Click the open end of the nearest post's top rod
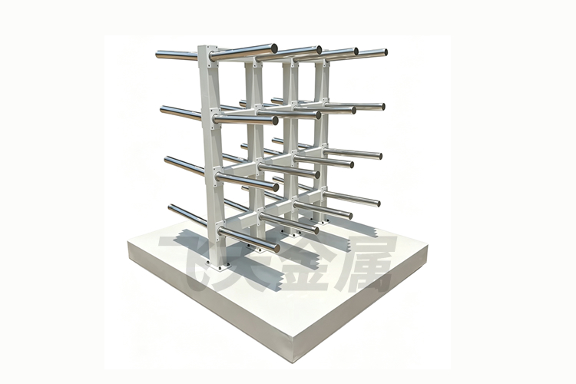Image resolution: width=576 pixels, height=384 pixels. click(274, 48)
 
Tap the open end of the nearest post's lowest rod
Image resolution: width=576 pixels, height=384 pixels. click(276, 248)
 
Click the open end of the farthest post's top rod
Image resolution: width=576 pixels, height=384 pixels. click(385, 51)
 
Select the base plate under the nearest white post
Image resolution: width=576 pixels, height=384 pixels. click(219, 265)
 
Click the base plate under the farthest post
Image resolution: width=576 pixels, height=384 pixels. click(322, 221)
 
